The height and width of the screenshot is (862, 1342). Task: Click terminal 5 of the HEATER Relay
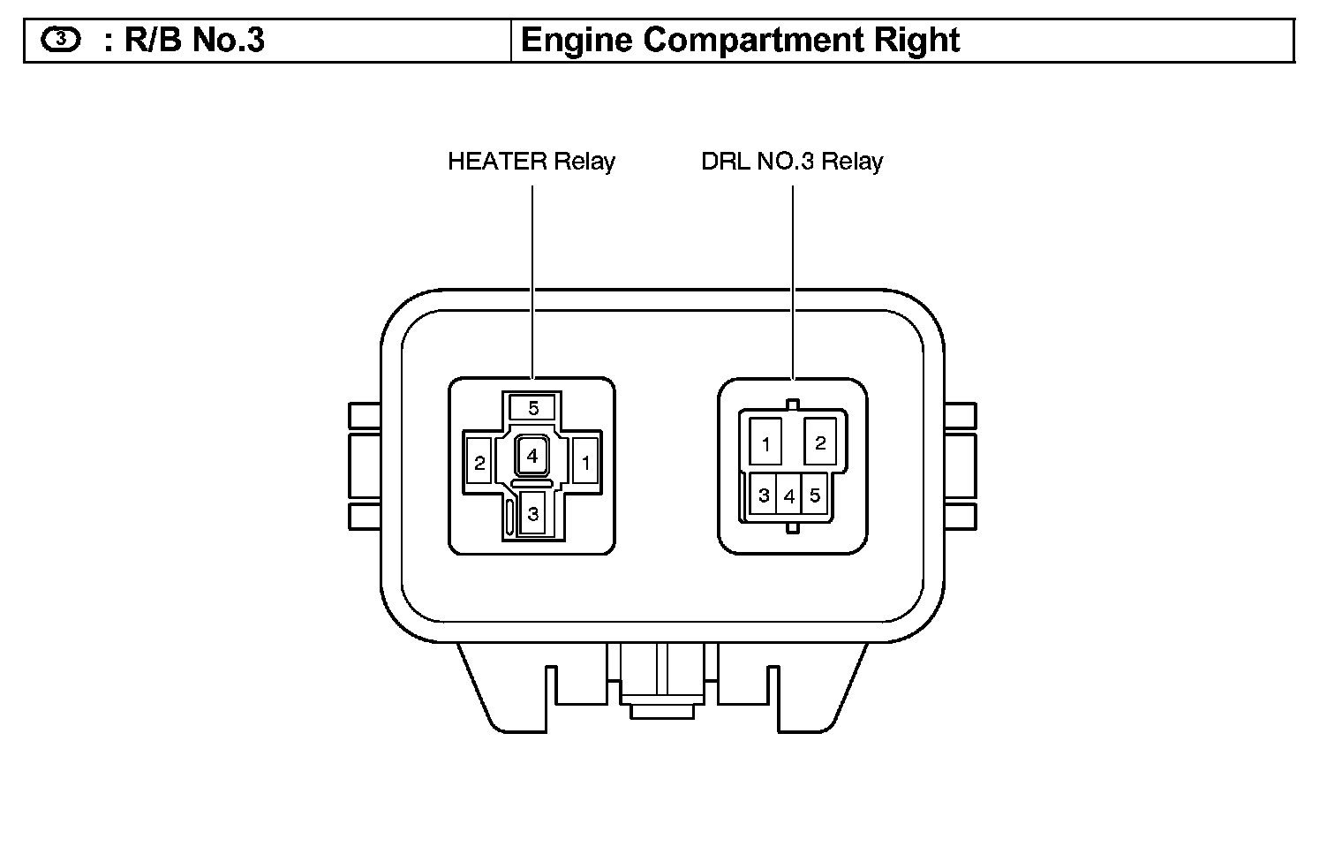533,407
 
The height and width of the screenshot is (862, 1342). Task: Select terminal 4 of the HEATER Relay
532,457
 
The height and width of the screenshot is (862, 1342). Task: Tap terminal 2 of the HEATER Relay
479,462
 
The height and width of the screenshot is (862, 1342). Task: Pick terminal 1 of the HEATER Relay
584,462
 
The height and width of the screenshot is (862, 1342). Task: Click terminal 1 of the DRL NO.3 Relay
765,442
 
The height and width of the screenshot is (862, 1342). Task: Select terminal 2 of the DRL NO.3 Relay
820,442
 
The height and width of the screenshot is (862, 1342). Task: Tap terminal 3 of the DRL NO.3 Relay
763,495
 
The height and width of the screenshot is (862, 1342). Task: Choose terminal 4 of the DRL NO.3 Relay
788,495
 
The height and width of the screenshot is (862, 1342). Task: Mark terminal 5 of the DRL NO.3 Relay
814,495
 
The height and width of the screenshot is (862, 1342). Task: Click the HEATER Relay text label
532,162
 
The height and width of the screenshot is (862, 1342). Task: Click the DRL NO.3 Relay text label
792,162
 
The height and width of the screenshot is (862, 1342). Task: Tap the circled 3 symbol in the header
60,39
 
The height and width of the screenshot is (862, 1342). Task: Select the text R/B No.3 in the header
194,41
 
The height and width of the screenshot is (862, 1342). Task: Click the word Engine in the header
577,41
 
